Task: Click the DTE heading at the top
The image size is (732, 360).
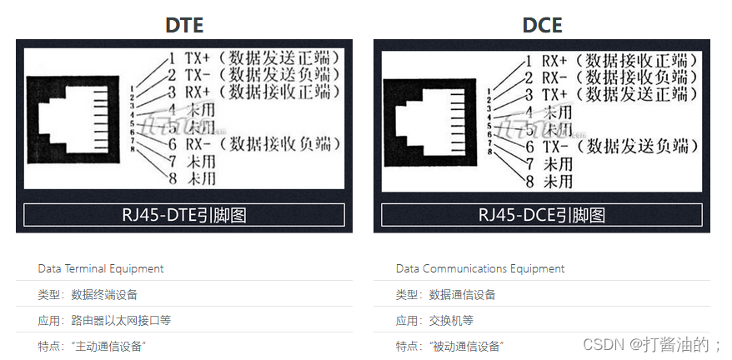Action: point(183,25)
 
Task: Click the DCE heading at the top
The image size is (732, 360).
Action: point(542,25)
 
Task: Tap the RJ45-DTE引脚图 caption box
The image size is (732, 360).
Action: point(183,215)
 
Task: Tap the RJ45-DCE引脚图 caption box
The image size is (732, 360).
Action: point(542,215)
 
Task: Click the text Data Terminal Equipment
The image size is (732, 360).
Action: point(101,268)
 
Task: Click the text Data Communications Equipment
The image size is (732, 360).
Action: point(480,268)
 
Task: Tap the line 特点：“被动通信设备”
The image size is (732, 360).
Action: point(450,346)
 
